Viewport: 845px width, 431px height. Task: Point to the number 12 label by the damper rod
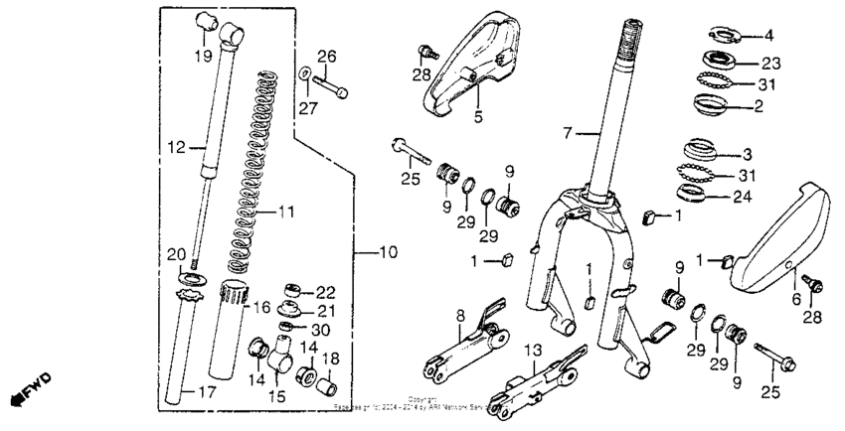pos(176,149)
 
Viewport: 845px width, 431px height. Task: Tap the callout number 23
pos(771,62)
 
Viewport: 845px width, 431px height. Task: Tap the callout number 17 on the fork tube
pos(206,393)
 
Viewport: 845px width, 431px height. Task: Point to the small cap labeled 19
pos(210,18)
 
